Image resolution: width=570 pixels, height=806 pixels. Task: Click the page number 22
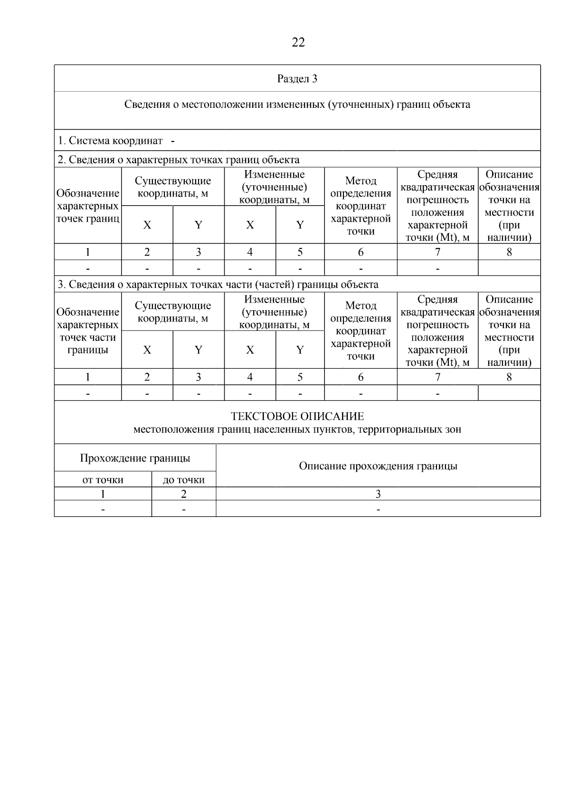[x=298, y=43]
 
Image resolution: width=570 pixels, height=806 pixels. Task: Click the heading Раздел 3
[x=297, y=79]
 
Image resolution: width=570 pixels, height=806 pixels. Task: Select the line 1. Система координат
[x=110, y=141]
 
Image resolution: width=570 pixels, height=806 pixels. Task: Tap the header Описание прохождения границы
[x=378, y=466]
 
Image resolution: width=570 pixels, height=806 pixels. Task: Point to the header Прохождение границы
[x=135, y=458]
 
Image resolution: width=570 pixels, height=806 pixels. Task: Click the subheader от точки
[x=103, y=480]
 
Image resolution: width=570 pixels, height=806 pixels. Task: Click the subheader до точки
[x=183, y=480]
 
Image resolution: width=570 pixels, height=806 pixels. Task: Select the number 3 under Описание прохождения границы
[x=378, y=494]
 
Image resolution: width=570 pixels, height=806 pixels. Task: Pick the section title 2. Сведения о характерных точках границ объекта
[x=179, y=160]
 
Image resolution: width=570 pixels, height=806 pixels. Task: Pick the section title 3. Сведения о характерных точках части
[x=218, y=285]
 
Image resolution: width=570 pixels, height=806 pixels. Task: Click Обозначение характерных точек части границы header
[x=87, y=331]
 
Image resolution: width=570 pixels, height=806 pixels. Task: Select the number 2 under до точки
[x=183, y=494]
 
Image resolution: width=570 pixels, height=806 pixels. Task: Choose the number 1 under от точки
[x=103, y=494]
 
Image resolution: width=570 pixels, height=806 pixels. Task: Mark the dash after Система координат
[x=172, y=141]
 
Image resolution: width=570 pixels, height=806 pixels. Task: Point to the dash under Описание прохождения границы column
[x=378, y=510]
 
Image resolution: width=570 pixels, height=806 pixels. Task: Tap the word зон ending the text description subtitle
[x=453, y=430]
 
